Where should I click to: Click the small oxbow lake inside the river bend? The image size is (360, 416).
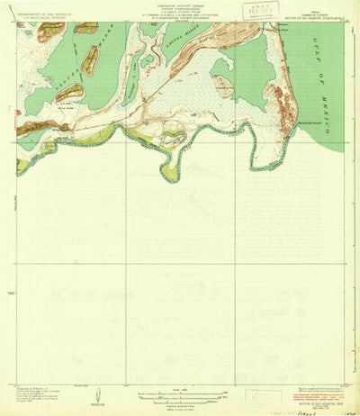tap(174, 138)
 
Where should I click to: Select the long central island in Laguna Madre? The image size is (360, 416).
tap(91, 60)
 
